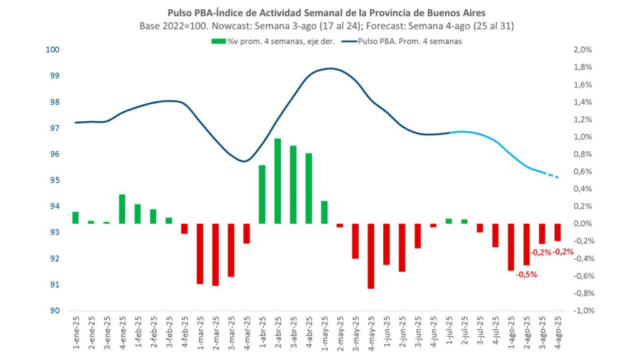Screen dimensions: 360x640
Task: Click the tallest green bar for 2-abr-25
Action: click(277, 181)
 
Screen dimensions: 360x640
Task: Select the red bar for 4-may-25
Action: click(371, 256)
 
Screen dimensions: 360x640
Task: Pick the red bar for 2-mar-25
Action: click(216, 254)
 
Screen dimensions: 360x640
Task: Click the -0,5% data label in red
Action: click(526, 274)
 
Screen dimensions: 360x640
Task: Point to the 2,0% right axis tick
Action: click(582, 50)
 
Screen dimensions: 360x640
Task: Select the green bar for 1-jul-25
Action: click(449, 221)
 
